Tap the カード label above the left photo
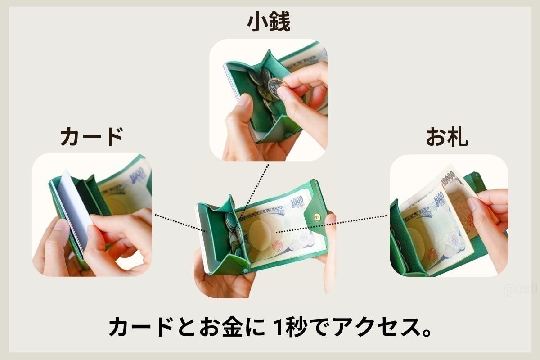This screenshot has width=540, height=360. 91,137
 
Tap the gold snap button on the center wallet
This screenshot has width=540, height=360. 317,217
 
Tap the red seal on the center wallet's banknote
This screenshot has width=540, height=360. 278,246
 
